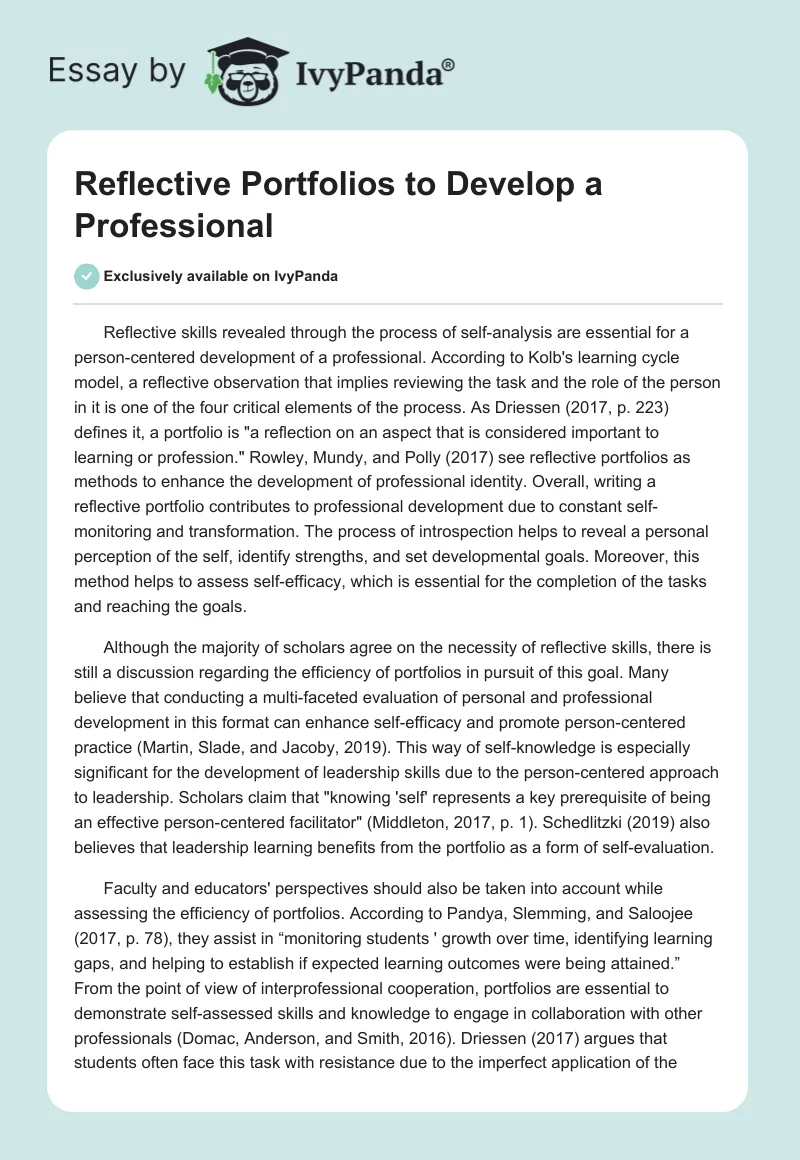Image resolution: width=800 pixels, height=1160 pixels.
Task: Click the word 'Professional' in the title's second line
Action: coord(174,225)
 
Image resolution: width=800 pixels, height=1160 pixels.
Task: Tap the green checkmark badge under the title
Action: coord(87,276)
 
